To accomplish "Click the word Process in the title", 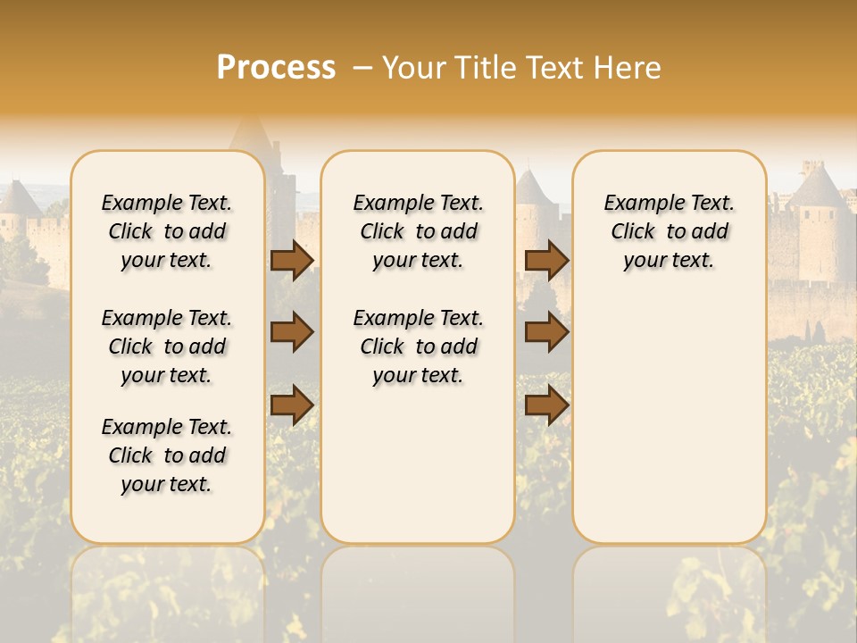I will (x=276, y=68).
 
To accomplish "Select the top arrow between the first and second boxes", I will (x=292, y=260).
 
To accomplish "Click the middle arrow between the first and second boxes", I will (x=292, y=332).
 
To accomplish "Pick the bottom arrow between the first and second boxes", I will (x=292, y=405).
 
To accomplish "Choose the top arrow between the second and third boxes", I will (x=546, y=260).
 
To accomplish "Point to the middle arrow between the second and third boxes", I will (x=546, y=332).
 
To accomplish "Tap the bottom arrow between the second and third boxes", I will (x=546, y=405).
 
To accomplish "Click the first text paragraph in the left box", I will (x=167, y=231).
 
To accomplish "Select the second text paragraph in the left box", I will (x=167, y=347).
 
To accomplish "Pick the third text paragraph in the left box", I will (x=167, y=455).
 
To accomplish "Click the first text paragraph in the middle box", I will (x=419, y=231).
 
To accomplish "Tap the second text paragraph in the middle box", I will (x=419, y=347).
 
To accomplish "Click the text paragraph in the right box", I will (x=670, y=231).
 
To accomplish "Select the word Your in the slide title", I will (x=413, y=68).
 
